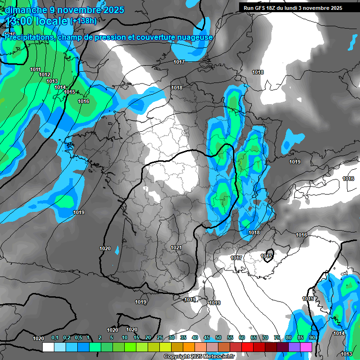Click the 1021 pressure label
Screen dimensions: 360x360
[176, 247]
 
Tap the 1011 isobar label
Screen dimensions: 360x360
[35, 70]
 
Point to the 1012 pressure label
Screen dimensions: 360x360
[45, 75]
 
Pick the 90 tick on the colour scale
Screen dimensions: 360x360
[312, 338]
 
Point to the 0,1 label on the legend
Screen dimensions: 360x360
[54, 338]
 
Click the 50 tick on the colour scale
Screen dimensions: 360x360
[218, 338]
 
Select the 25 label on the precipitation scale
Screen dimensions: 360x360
[160, 338]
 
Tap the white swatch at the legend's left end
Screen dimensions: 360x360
[48, 347]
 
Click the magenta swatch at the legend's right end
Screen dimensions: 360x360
[306, 347]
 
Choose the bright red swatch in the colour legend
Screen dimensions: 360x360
[247, 347]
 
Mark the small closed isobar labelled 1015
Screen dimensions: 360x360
[267, 256]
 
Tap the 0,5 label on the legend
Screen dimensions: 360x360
[78, 338]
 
